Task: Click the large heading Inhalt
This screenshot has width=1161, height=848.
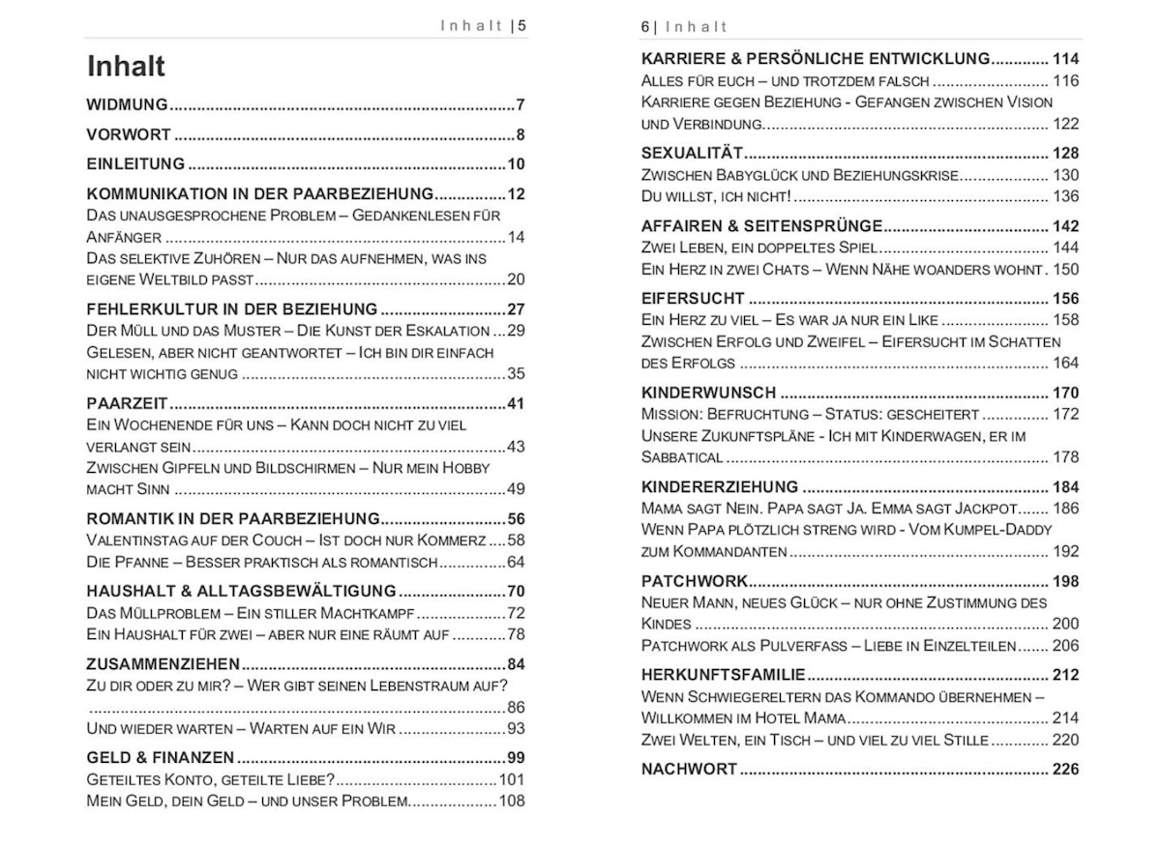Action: [126, 66]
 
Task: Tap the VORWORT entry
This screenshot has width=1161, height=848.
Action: [129, 134]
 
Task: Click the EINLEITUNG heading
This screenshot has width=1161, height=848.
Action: [135, 163]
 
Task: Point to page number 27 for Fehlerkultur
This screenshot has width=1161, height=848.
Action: [516, 309]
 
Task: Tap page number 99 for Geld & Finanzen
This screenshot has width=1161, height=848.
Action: [516, 757]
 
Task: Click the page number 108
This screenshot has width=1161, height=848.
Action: [512, 801]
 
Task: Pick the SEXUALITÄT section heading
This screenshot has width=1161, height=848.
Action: [692, 153]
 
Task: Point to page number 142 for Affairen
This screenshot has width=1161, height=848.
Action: [1065, 226]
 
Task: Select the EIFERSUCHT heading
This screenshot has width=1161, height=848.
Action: [693, 298]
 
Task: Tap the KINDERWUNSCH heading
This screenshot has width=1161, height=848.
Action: [708, 393]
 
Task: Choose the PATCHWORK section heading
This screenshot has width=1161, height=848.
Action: [695, 581]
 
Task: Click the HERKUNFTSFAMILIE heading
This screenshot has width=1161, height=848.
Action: [723, 675]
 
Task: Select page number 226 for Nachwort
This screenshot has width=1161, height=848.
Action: [1065, 770]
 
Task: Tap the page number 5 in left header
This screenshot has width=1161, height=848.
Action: [521, 26]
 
